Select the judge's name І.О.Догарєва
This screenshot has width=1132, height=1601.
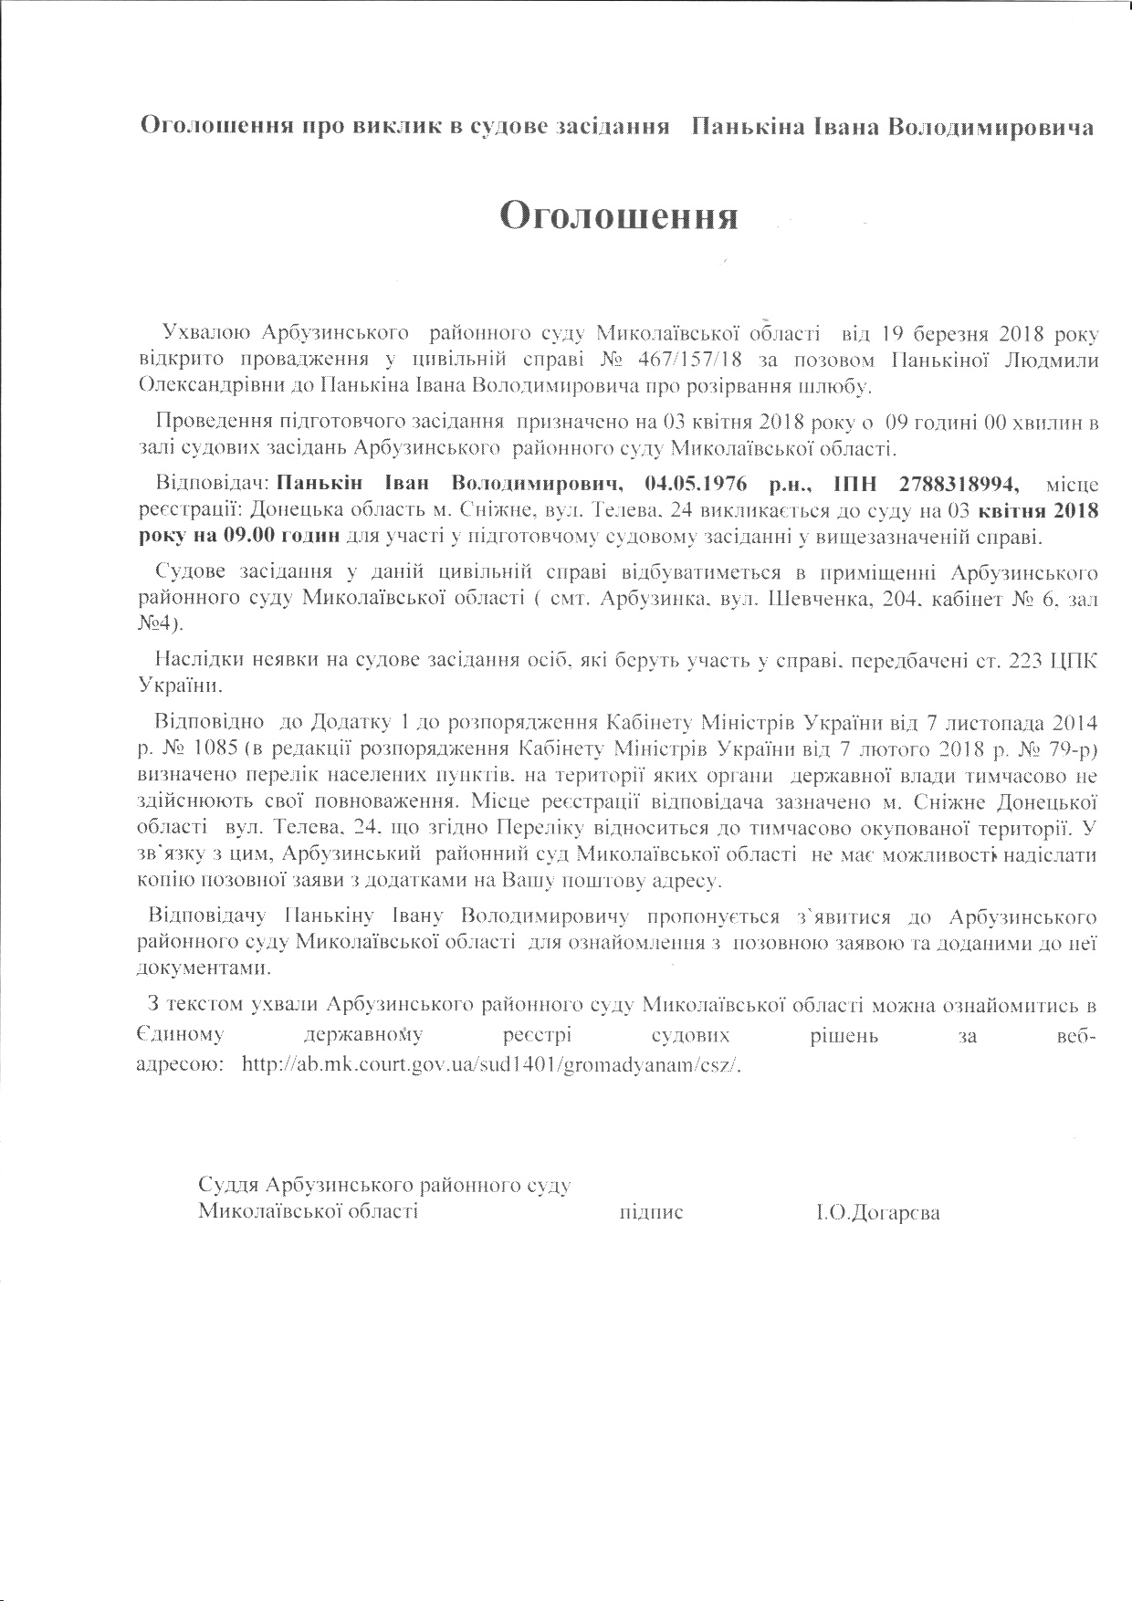pyautogui.click(x=878, y=1213)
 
